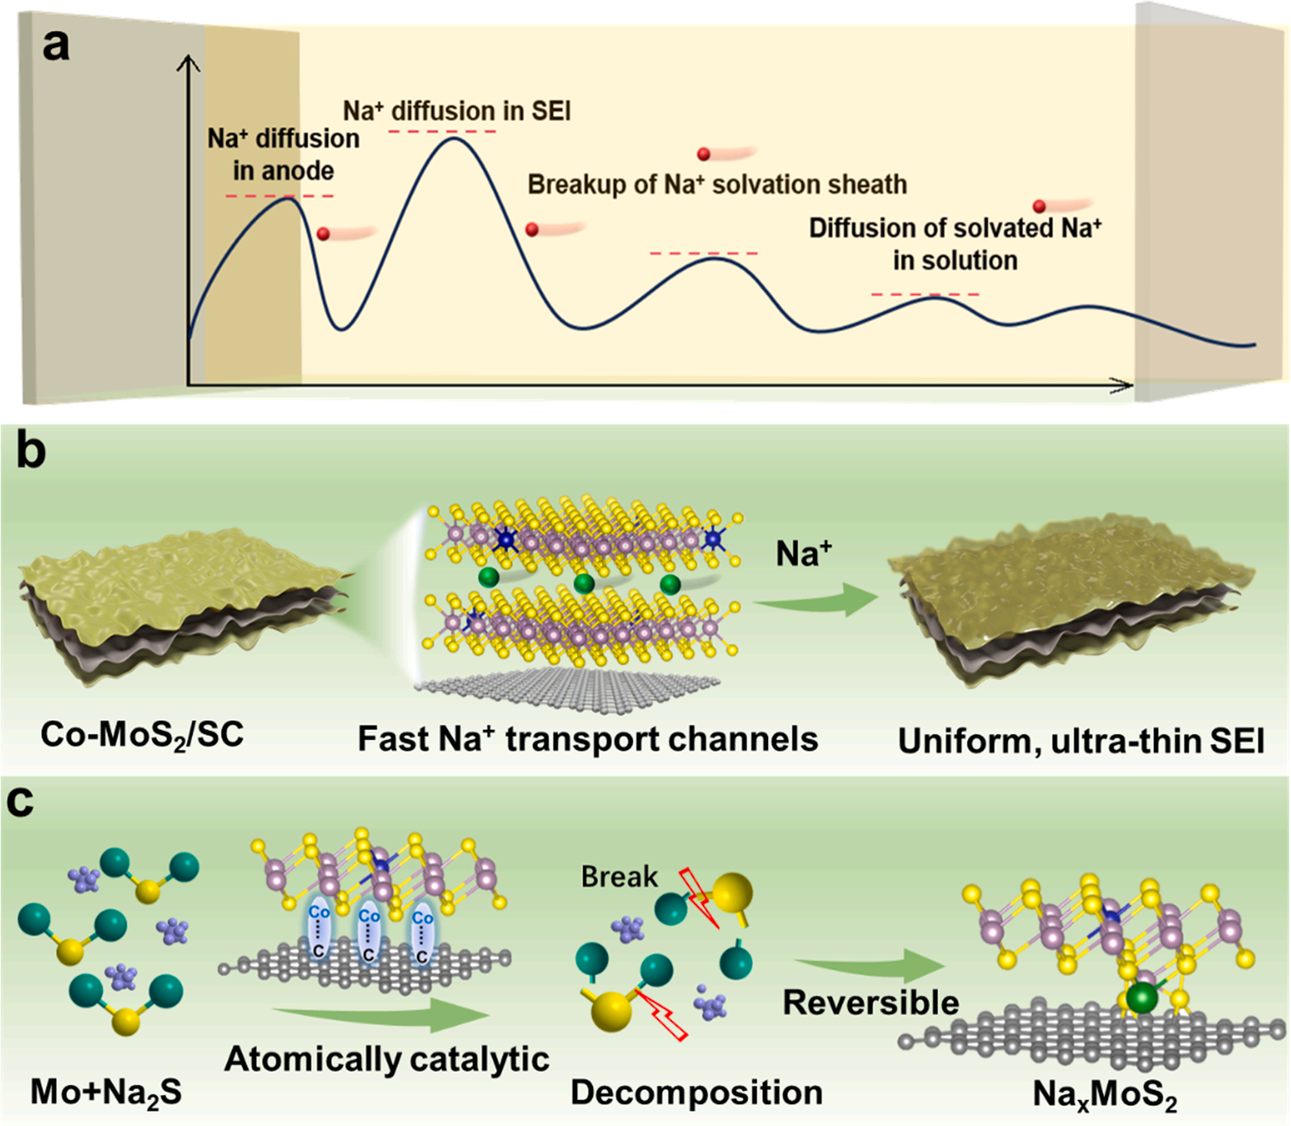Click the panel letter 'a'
click(x=56, y=45)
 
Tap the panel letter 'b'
click(x=32, y=453)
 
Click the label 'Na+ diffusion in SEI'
click(x=457, y=111)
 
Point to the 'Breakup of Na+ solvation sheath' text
click(x=717, y=184)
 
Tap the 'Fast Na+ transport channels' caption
click(x=588, y=739)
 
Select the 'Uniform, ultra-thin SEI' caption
click(x=1081, y=740)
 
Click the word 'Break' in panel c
click(x=619, y=876)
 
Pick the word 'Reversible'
click(x=871, y=1002)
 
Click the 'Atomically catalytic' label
click(x=386, y=1059)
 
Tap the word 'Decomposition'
click(x=696, y=1092)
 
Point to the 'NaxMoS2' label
click(x=1104, y=1094)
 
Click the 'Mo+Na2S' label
click(x=106, y=1093)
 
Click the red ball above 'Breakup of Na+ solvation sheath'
click(x=704, y=154)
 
